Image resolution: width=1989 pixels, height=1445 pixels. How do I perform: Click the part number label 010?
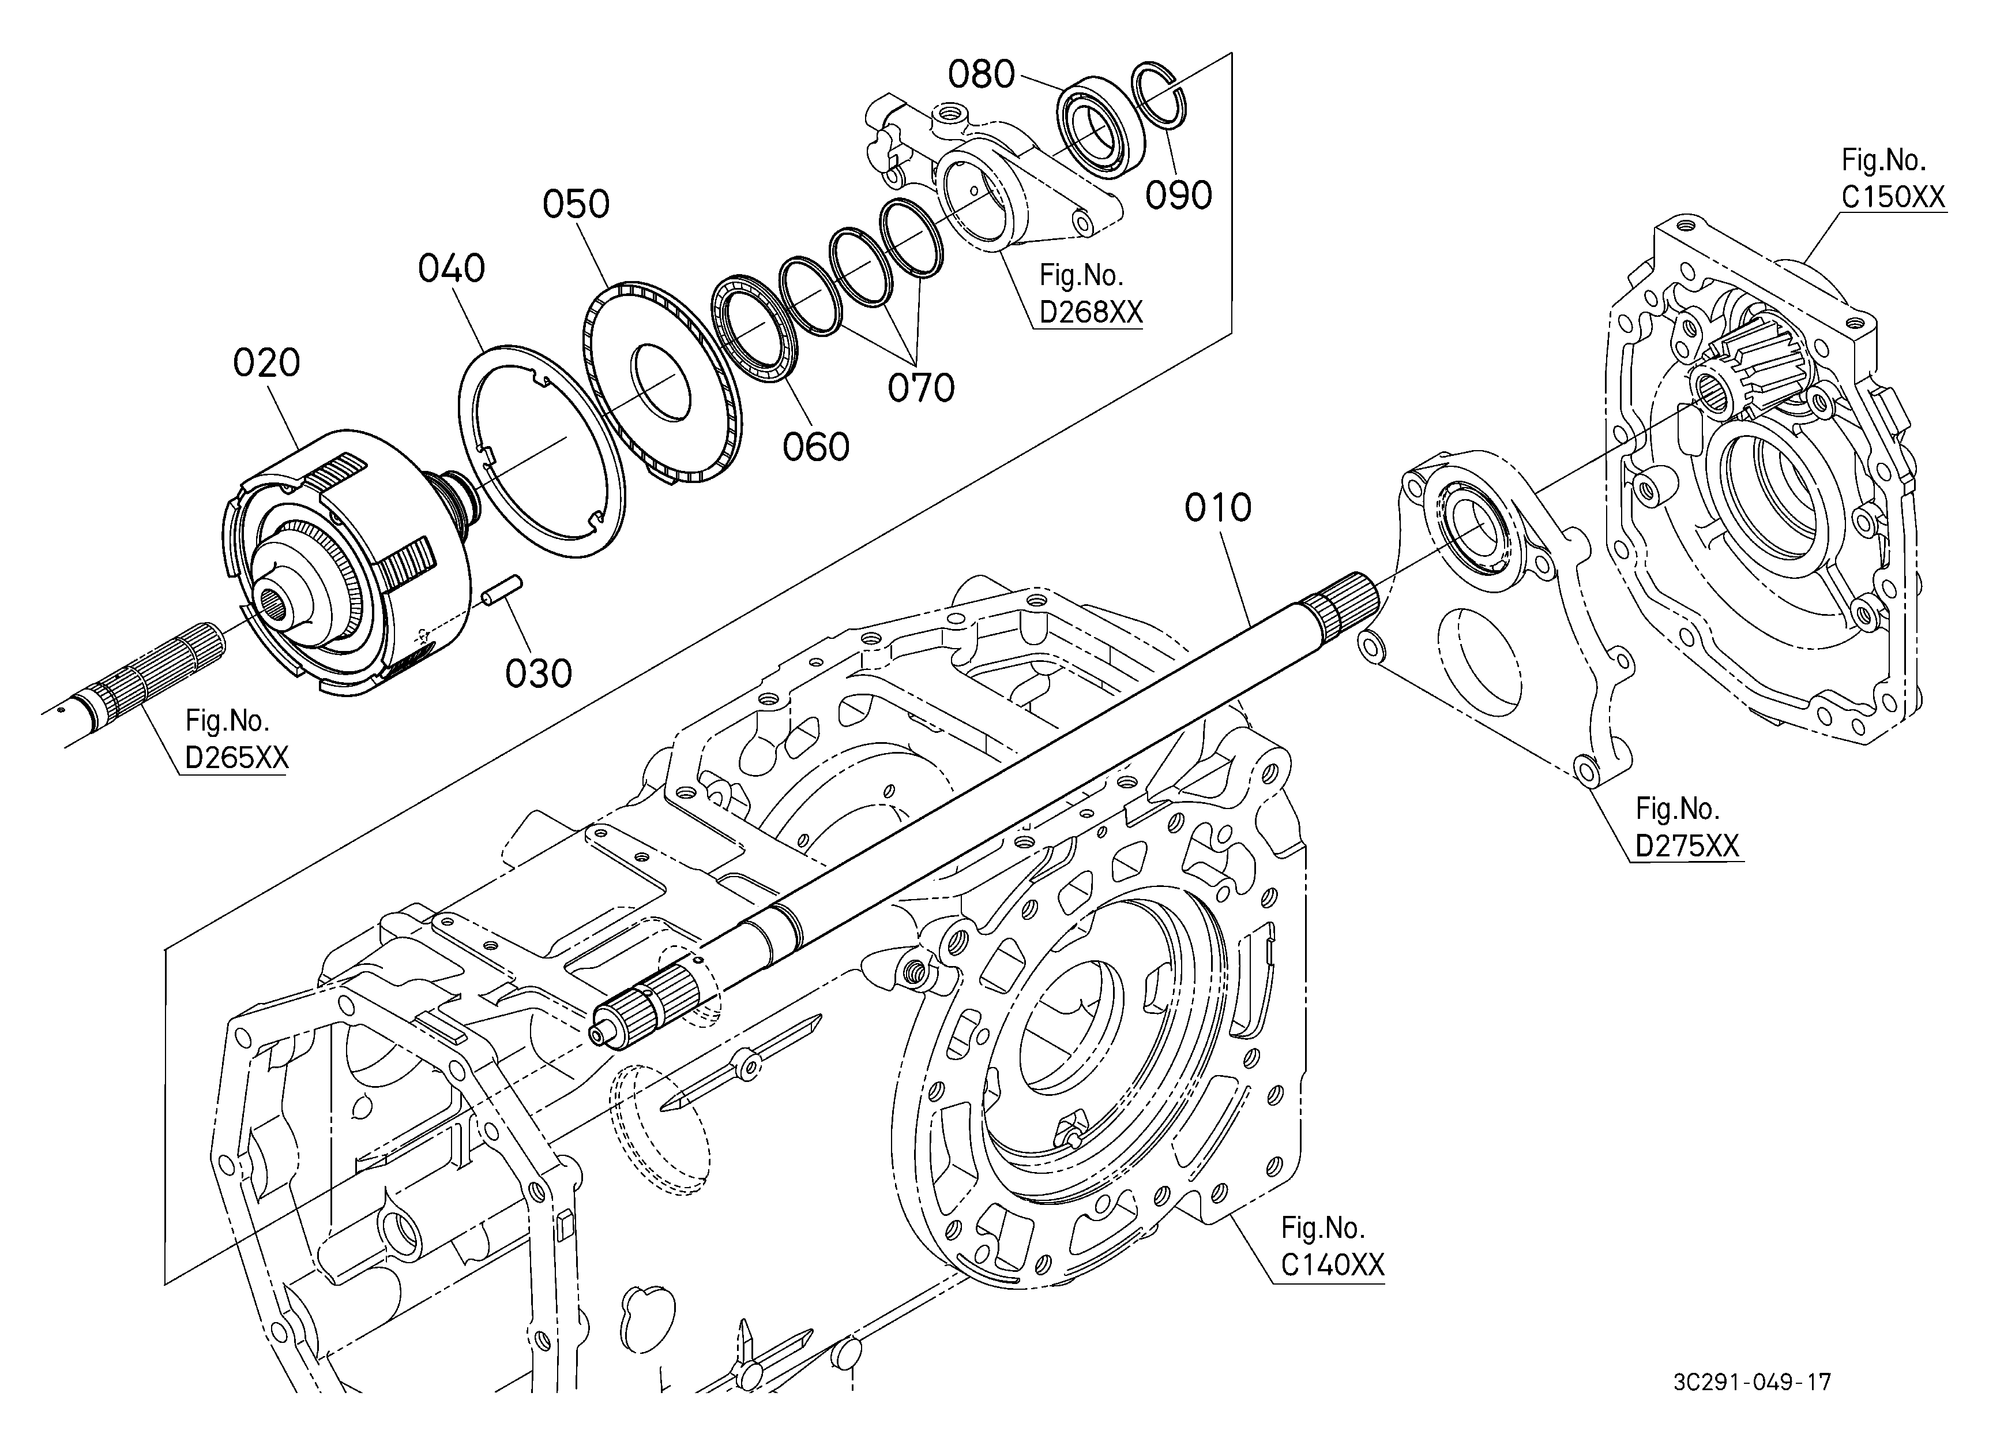(x=1217, y=508)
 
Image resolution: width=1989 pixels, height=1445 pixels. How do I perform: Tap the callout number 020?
(x=266, y=362)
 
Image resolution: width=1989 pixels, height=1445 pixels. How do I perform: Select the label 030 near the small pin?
(x=539, y=674)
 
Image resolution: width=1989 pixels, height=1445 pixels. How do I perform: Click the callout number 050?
(x=576, y=204)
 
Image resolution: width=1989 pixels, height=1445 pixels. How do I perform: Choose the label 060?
(x=815, y=447)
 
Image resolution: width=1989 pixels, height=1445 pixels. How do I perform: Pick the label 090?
(x=1179, y=196)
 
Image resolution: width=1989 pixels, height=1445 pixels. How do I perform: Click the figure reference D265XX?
(x=237, y=757)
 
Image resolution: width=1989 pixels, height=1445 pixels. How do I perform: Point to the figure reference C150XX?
(x=1893, y=197)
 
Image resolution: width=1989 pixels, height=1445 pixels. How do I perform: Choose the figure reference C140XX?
(x=1332, y=1264)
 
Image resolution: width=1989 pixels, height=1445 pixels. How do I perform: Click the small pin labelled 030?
(x=502, y=588)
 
